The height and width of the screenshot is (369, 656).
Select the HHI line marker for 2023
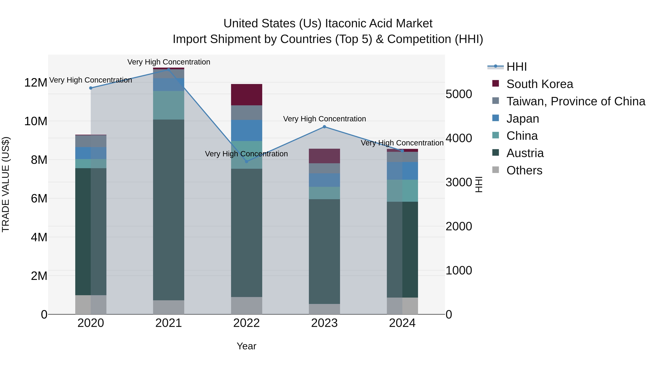pyautogui.click(x=324, y=127)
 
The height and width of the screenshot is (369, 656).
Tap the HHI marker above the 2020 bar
pyautogui.click(x=91, y=88)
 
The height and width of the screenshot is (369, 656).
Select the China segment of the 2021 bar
pyautogui.click(x=168, y=105)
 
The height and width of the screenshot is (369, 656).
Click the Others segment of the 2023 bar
pyautogui.click(x=324, y=309)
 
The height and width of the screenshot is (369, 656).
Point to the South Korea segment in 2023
pyautogui.click(x=324, y=156)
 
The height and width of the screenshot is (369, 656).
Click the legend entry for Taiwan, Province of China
pyautogui.click(x=575, y=101)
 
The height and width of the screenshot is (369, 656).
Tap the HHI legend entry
pyautogui.click(x=516, y=67)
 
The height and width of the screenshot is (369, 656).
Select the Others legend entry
pyautogui.click(x=524, y=170)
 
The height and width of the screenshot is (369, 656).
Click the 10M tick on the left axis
pyautogui.click(x=36, y=121)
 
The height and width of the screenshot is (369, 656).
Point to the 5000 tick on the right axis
pyautogui.click(x=459, y=94)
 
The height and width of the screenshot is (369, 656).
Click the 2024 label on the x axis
pyautogui.click(x=402, y=323)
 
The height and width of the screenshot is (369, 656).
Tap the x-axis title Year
pyautogui.click(x=246, y=346)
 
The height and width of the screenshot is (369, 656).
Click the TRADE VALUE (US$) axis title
pyautogui.click(x=6, y=184)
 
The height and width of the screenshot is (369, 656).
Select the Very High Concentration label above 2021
pyautogui.click(x=169, y=62)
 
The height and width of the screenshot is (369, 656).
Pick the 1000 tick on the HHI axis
pyautogui.click(x=459, y=270)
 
